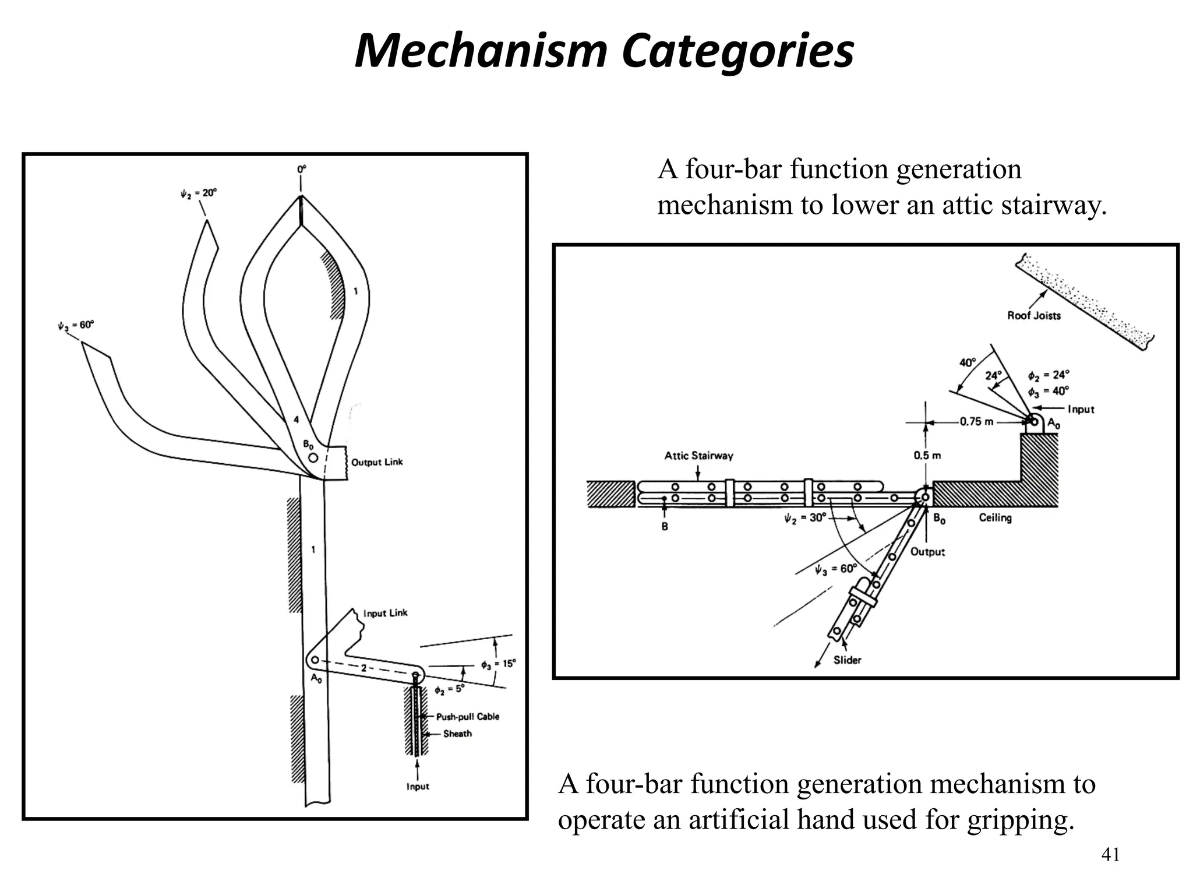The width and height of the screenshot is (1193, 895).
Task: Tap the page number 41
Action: tap(1110, 855)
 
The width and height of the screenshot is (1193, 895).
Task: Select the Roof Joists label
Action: tap(1034, 315)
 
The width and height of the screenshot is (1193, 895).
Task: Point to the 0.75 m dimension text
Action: tap(976, 421)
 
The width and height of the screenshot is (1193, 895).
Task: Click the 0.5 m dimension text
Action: tap(927, 455)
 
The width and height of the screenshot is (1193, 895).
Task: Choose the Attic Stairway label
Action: tap(698, 455)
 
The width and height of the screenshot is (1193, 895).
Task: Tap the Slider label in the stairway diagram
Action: tap(847, 660)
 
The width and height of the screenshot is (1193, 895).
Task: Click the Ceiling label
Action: tap(995, 517)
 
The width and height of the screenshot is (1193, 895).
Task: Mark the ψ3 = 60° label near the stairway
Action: tap(836, 569)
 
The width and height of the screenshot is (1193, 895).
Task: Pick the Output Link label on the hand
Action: tap(377, 462)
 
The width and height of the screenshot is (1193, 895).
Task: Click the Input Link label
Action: tap(385, 613)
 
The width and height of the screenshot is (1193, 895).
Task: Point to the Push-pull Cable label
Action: tap(467, 717)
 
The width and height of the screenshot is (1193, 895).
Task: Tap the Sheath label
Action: tap(457, 734)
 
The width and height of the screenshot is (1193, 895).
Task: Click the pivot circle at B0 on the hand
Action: tap(313, 458)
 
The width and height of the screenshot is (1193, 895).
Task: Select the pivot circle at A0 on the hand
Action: tap(315, 660)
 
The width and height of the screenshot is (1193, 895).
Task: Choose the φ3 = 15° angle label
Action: tap(498, 664)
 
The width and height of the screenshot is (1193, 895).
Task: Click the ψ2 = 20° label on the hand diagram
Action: tap(198, 193)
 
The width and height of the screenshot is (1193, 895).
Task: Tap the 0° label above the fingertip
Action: tap(301, 170)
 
